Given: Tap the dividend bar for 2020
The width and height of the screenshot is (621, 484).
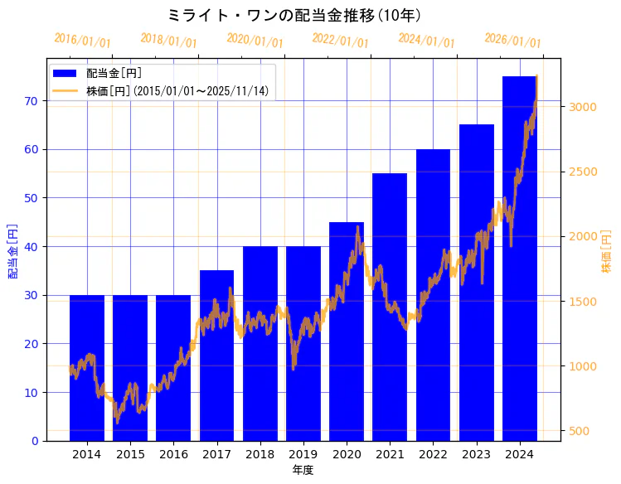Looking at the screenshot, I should pyautogui.click(x=347, y=332).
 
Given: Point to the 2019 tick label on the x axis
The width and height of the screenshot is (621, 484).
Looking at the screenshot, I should pyautogui.click(x=303, y=454).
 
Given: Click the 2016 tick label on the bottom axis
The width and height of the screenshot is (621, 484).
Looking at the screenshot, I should pyautogui.click(x=173, y=454).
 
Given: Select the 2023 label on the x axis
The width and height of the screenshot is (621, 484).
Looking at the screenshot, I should pyautogui.click(x=476, y=454).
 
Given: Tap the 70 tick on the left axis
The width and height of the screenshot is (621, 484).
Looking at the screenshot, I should pyautogui.click(x=32, y=101).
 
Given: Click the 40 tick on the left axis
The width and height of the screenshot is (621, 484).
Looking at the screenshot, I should pyautogui.click(x=32, y=246).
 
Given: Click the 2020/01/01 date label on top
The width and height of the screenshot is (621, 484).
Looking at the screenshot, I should pyautogui.click(x=255, y=41).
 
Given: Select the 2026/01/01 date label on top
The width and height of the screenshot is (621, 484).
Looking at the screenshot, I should pyautogui.click(x=512, y=41).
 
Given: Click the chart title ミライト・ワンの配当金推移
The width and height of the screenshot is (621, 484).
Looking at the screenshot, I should pyautogui.click(x=294, y=15).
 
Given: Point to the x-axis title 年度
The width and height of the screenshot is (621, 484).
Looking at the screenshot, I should pyautogui.click(x=303, y=470).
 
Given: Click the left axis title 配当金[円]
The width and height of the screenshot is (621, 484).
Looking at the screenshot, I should pyautogui.click(x=13, y=250).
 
